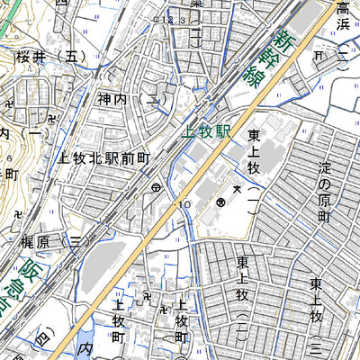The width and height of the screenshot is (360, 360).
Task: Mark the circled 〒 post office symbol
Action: coord(156,188)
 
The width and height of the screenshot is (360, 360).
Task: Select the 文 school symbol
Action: coord(236,188)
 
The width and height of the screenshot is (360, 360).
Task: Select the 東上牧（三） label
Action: coord(316,314)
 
